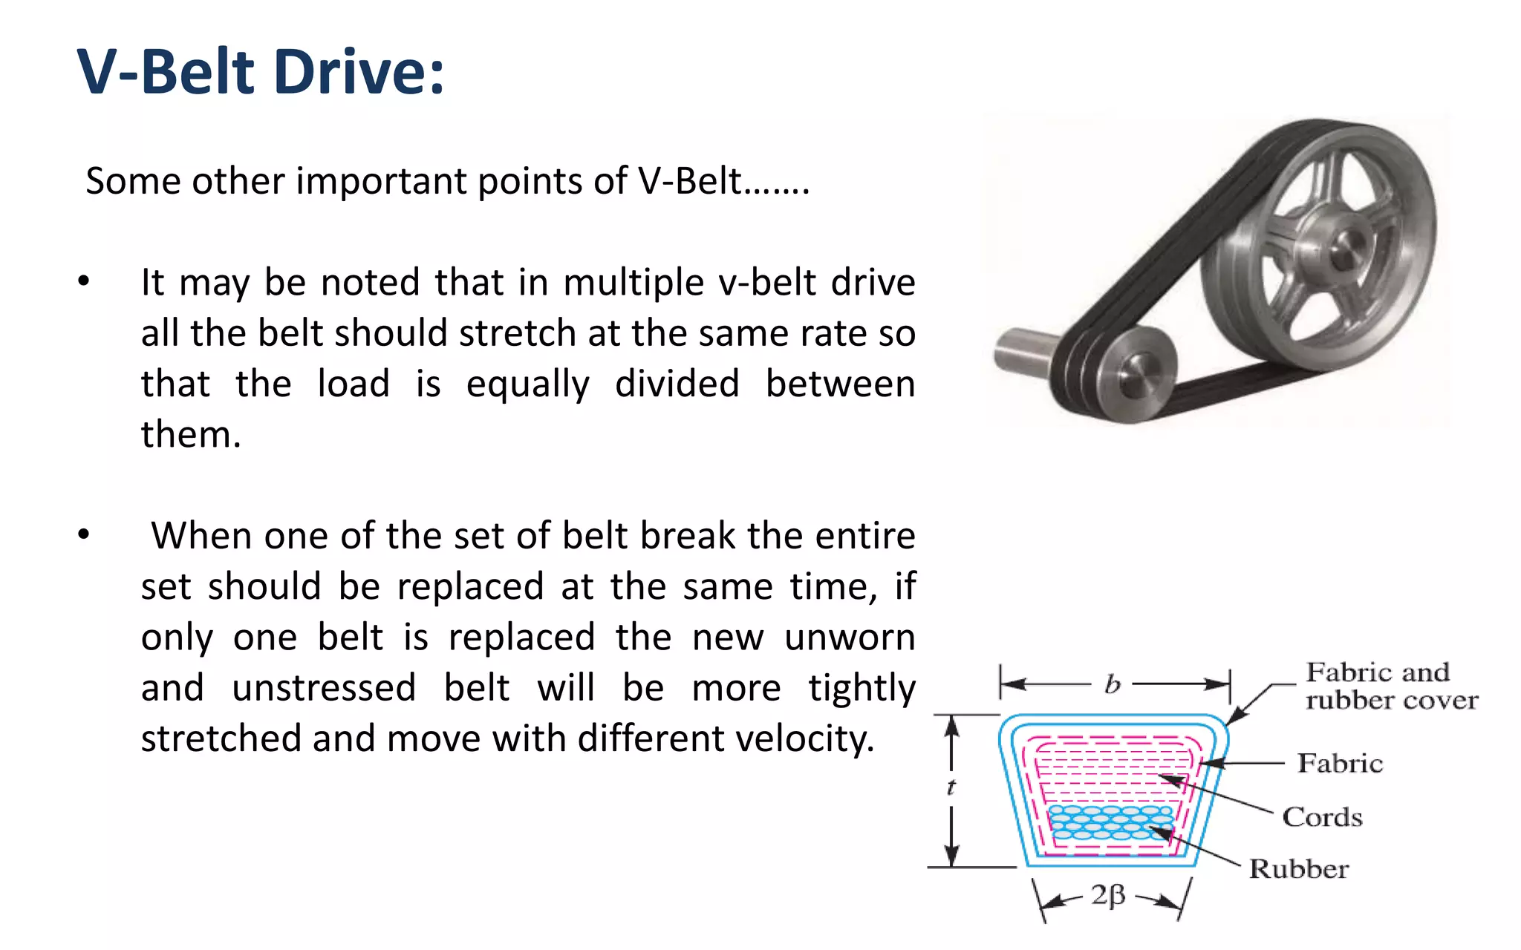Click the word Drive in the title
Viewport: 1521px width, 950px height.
point(359,72)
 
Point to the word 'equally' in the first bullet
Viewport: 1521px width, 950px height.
point(528,384)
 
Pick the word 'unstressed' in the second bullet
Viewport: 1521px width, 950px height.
point(324,688)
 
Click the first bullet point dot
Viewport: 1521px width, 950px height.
point(84,281)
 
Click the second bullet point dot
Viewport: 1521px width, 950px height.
point(84,534)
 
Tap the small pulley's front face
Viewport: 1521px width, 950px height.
point(1136,375)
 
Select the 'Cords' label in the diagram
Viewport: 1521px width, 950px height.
point(1322,817)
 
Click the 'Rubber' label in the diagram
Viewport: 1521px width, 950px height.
point(1298,869)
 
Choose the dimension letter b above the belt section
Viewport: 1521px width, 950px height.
point(1112,684)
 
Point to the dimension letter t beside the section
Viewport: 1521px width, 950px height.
point(951,787)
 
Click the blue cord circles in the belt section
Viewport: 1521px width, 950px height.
point(1111,822)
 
